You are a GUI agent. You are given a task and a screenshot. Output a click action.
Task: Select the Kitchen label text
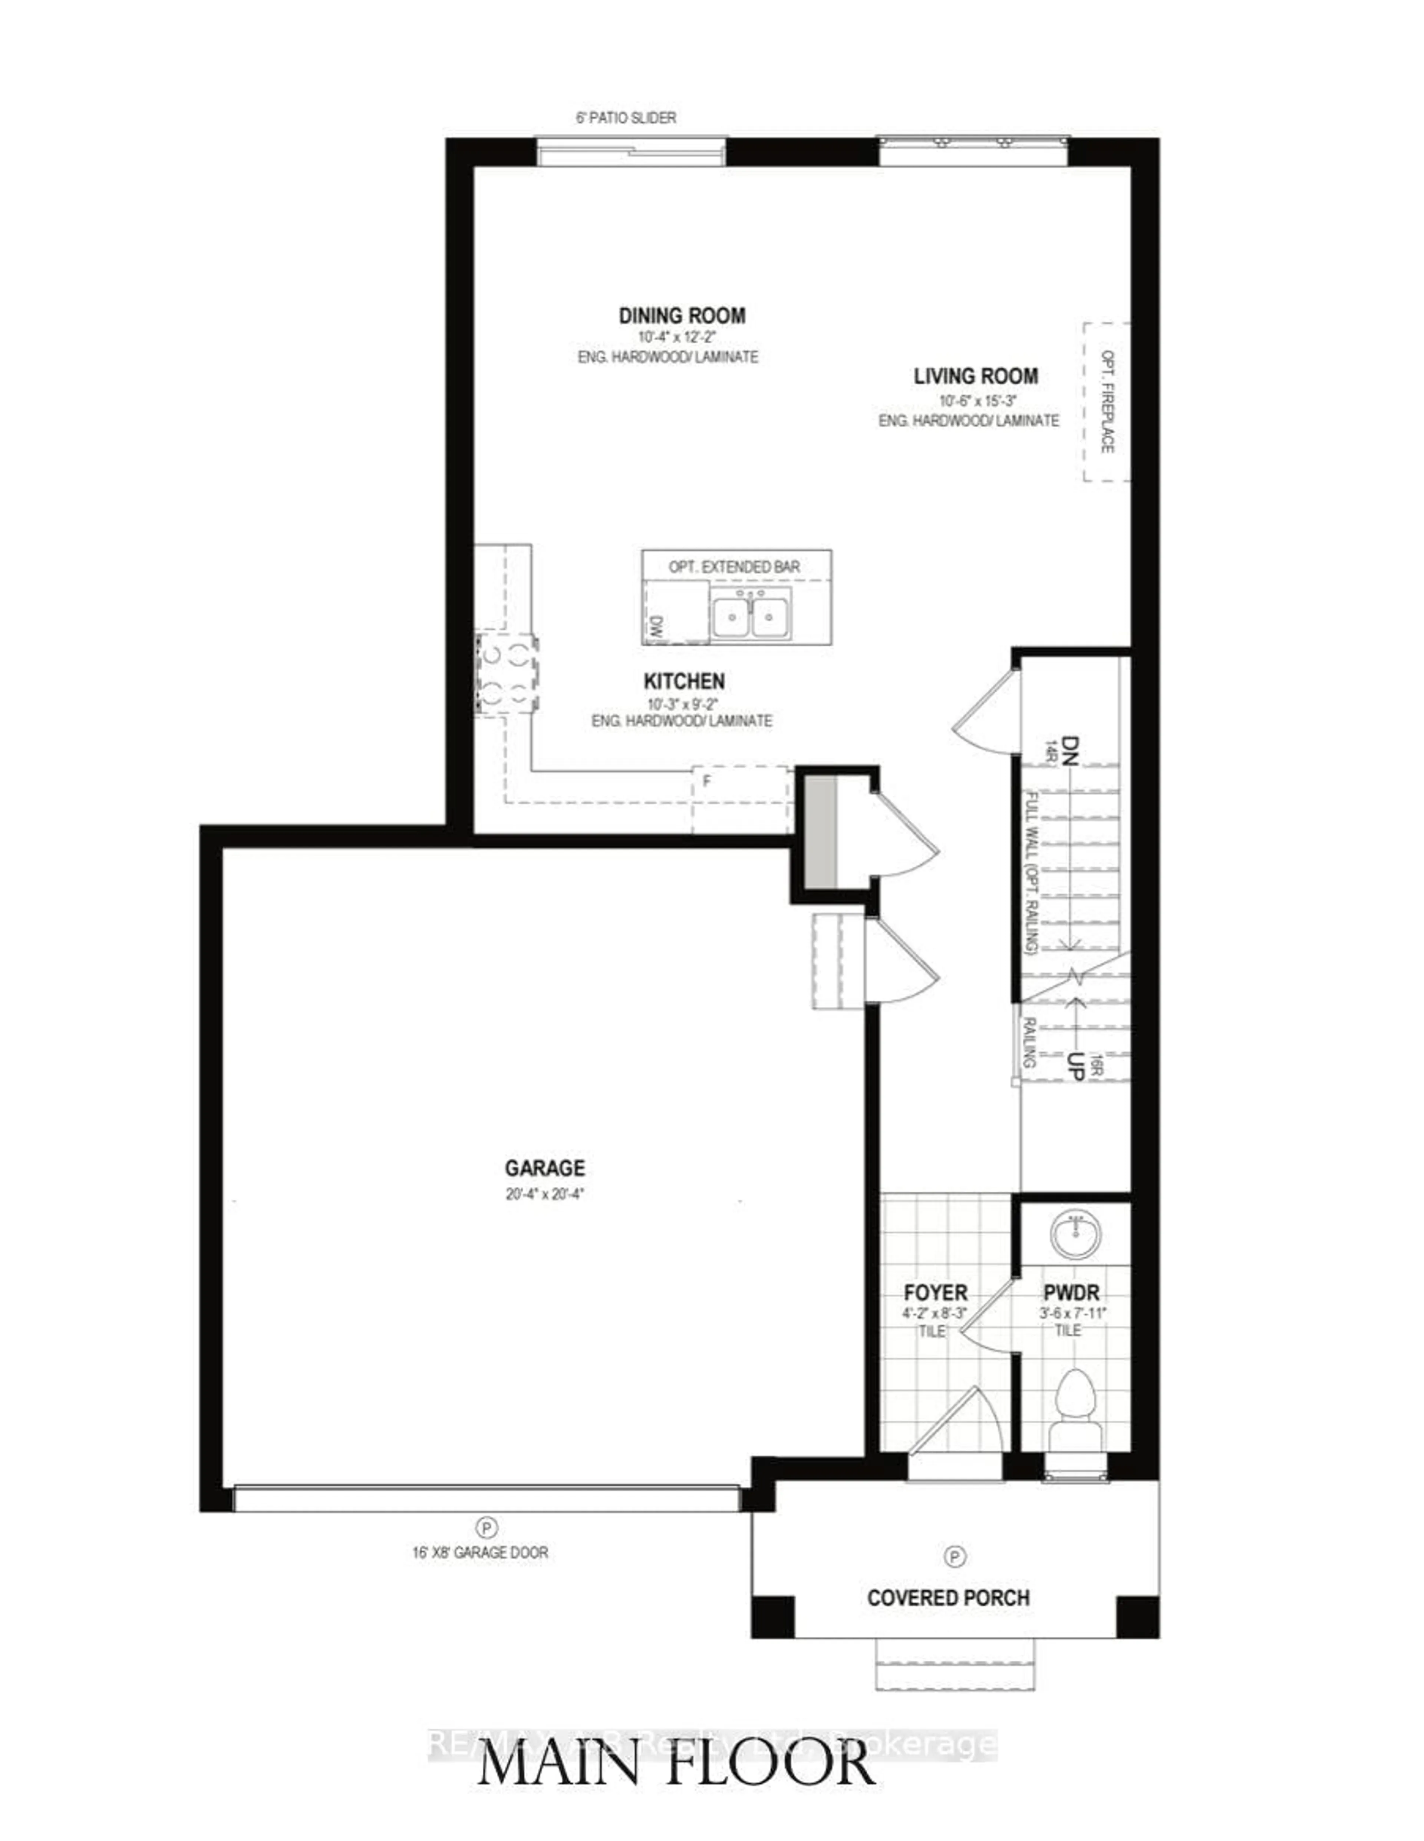click(684, 681)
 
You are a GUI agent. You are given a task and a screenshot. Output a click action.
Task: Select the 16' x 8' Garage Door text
click(480, 1552)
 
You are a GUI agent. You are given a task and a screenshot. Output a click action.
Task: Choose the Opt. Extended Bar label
click(734, 566)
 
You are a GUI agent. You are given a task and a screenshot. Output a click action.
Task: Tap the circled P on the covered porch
click(955, 1556)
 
